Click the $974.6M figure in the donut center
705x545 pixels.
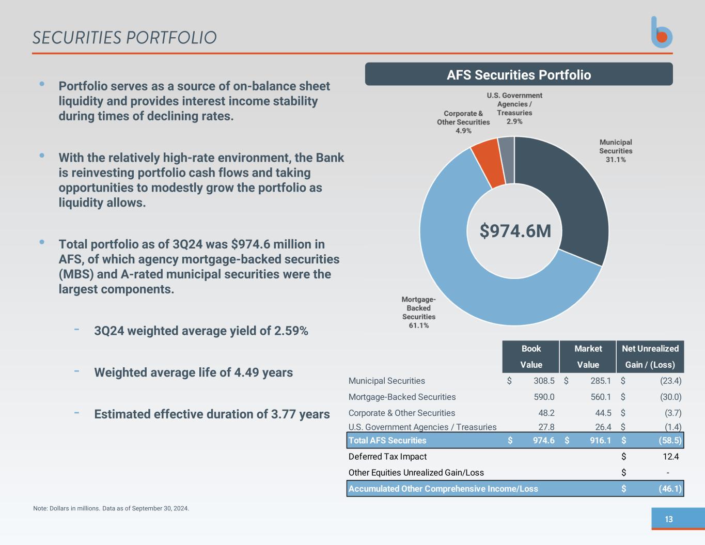pyautogui.click(x=515, y=231)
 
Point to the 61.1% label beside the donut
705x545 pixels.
pyautogui.click(x=418, y=325)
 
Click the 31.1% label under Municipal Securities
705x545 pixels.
pyautogui.click(x=616, y=160)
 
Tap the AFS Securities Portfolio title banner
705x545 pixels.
pyautogui.click(x=519, y=74)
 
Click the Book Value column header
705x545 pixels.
pyautogui.click(x=531, y=356)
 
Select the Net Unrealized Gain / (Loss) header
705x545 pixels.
pyautogui.click(x=650, y=356)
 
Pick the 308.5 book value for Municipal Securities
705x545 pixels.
pyautogui.click(x=544, y=381)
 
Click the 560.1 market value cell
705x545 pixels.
pyautogui.click(x=601, y=397)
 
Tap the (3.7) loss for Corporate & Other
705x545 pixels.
pyautogui.click(x=673, y=413)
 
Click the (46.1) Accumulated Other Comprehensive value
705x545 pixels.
pyautogui.click(x=670, y=489)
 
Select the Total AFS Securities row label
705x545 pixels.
pyautogui.click(x=387, y=440)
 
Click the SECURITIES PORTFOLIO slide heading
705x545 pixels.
pyautogui.click(x=124, y=38)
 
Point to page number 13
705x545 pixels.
pyautogui.click(x=669, y=519)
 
